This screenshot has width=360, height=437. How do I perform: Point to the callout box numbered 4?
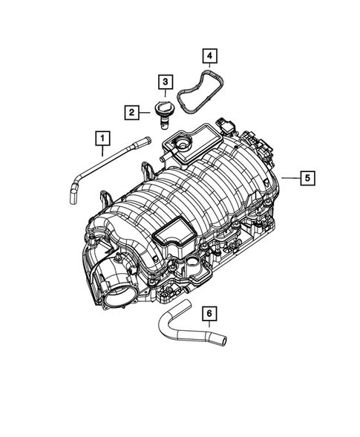[x=210, y=56]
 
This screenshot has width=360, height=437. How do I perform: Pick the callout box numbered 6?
[x=210, y=314]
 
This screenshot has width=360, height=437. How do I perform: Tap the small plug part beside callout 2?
[x=164, y=113]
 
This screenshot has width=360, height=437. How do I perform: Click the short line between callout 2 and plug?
[x=147, y=112]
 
